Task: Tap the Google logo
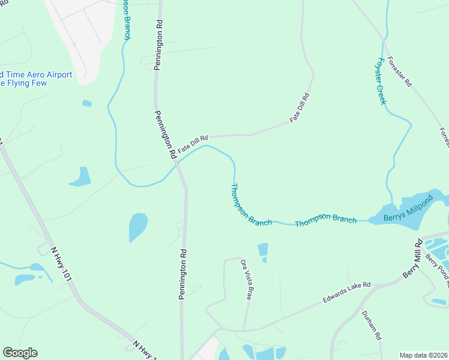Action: point(20,353)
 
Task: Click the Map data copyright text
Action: point(424,355)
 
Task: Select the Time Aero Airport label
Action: point(36,75)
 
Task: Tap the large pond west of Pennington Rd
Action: point(138,227)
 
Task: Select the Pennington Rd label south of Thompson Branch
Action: point(182,274)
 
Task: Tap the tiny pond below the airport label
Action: point(87,103)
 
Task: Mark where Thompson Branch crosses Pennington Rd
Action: point(179,166)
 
